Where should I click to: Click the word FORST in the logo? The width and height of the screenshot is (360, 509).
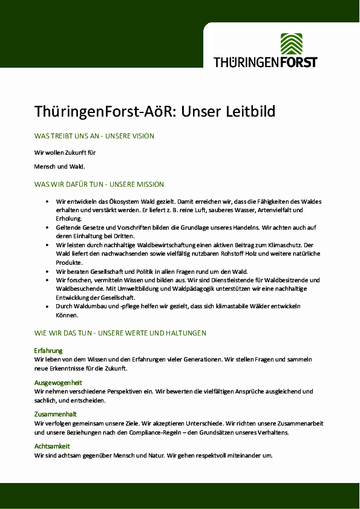pyautogui.click(x=296, y=62)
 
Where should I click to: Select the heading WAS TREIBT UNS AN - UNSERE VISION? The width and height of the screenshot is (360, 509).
pyautogui.click(x=94, y=137)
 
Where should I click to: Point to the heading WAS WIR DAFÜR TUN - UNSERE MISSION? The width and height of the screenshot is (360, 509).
pyautogui.click(x=99, y=184)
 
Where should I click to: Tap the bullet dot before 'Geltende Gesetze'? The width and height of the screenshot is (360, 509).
pyautogui.click(x=47, y=227)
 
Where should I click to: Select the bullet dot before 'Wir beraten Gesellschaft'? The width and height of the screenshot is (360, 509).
pyautogui.click(x=47, y=271)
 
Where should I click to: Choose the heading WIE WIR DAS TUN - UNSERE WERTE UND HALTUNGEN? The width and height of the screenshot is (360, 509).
pyautogui.click(x=120, y=333)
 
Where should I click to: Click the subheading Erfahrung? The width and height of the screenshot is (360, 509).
pyautogui.click(x=48, y=351)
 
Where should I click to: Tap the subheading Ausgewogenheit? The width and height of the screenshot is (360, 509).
pyautogui.click(x=58, y=383)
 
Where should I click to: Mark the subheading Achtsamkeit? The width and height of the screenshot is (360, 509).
pyautogui.click(x=52, y=446)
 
